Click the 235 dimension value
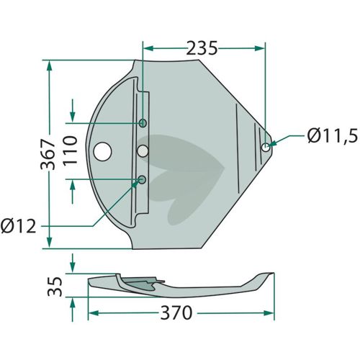click(x=202, y=48)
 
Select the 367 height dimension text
click(x=48, y=154)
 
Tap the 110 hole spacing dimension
click(x=70, y=150)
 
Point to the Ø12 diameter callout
click(x=18, y=226)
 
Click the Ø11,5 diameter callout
click(x=333, y=135)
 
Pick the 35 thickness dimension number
click(x=55, y=287)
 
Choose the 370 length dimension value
click(x=176, y=312)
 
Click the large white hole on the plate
click(x=102, y=152)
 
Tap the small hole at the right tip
click(x=266, y=147)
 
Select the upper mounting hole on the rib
click(x=143, y=123)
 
